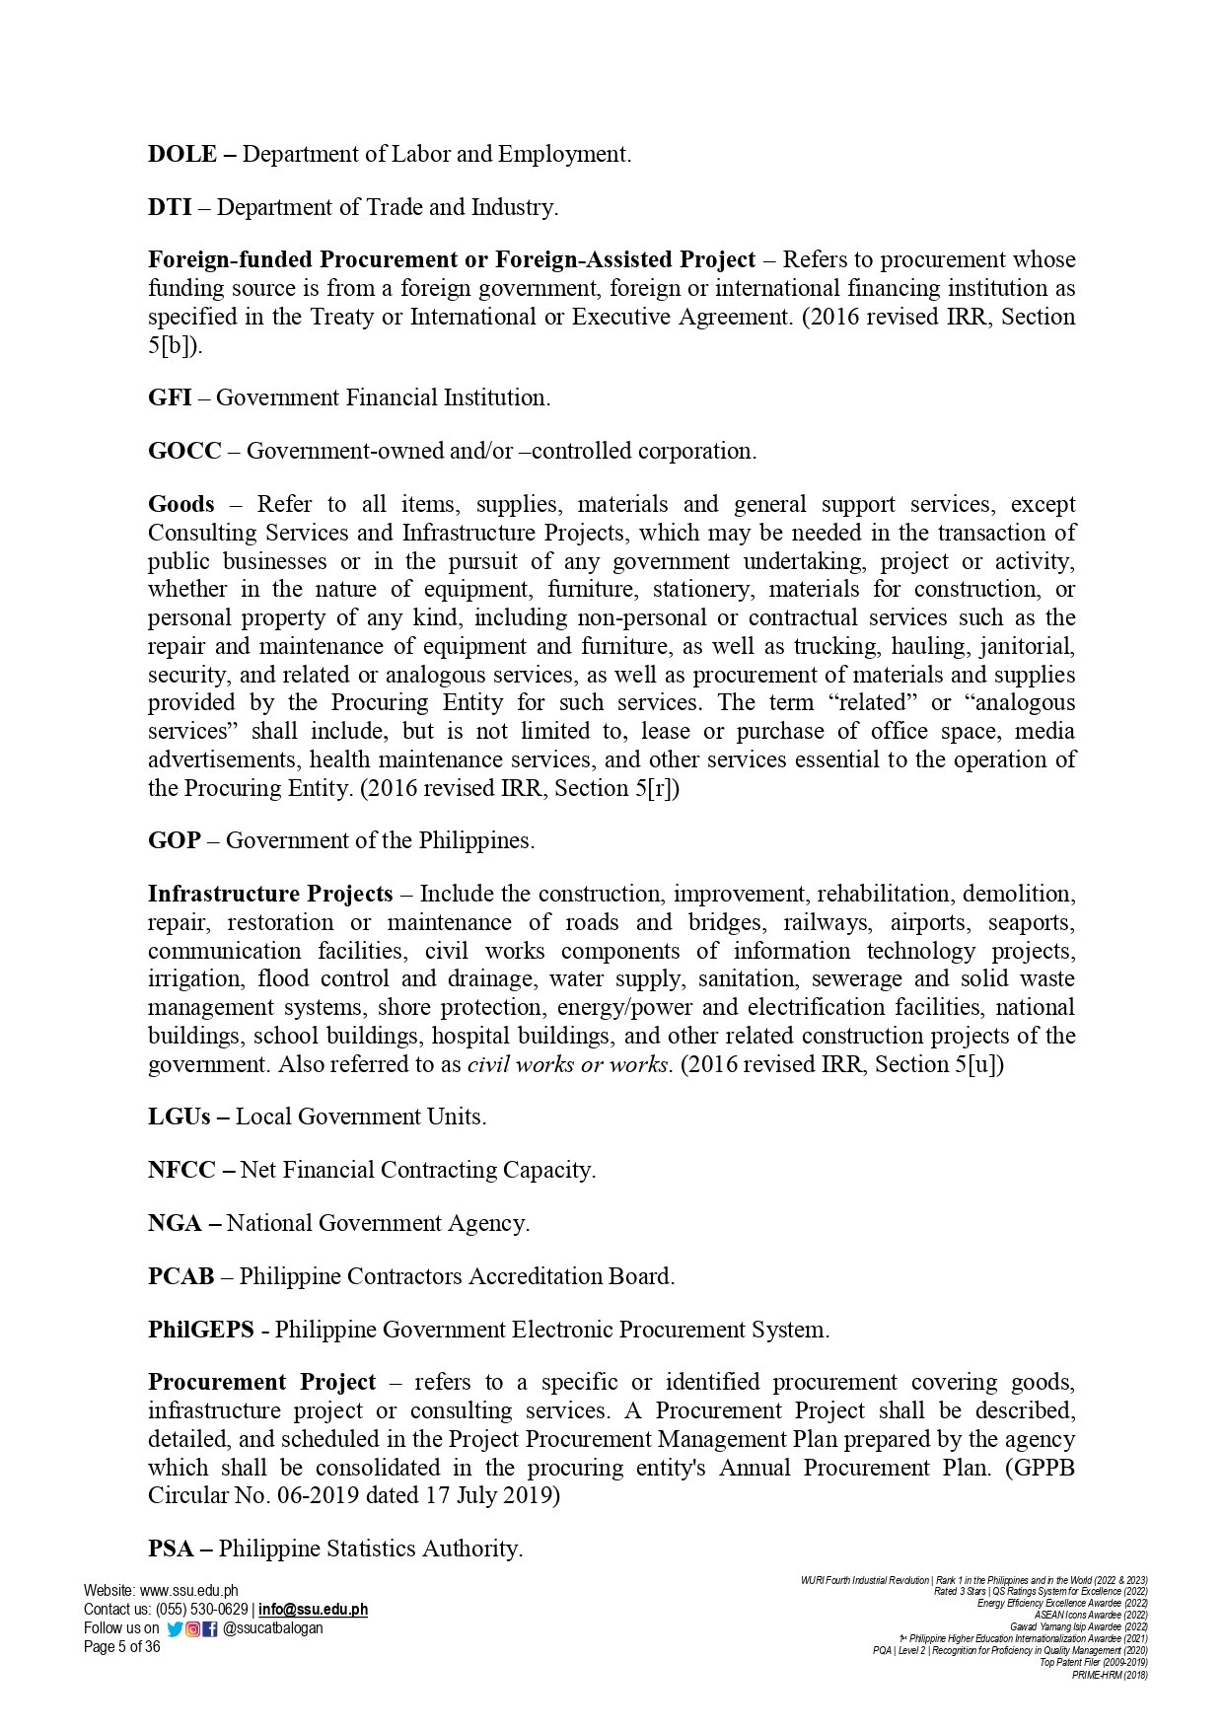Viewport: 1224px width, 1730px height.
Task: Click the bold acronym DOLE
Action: (181, 155)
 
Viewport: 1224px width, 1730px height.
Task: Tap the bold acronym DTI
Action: (170, 208)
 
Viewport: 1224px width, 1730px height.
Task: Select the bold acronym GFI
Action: (170, 398)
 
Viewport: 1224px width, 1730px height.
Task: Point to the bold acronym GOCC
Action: (184, 452)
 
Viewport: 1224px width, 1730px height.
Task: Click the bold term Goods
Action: (180, 505)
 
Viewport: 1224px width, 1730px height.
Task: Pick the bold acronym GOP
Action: (175, 841)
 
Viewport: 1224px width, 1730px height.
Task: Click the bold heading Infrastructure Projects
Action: (270, 895)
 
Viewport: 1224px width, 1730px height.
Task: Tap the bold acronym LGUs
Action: (179, 1117)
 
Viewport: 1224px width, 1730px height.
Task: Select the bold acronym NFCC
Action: (181, 1171)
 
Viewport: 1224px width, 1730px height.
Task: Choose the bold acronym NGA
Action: (175, 1224)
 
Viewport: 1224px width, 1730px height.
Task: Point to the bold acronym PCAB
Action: (180, 1277)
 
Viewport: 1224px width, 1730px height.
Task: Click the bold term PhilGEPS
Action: (201, 1331)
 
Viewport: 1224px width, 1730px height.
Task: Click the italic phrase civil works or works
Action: (569, 1065)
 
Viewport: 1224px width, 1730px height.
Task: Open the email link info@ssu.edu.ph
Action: (313, 1610)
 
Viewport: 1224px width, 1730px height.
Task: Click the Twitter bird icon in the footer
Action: (175, 1629)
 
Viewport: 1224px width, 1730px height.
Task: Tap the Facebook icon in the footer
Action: (210, 1629)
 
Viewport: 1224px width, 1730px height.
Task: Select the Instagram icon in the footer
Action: (193, 1629)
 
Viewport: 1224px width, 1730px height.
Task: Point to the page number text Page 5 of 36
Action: (121, 1647)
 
